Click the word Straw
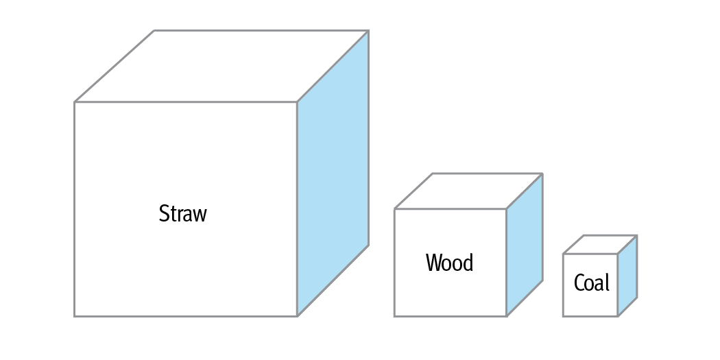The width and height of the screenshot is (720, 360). pos(182,213)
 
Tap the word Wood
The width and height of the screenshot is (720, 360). pos(449,263)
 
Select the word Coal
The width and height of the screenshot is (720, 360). pos(591,283)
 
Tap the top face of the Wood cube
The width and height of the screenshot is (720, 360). pos(468,191)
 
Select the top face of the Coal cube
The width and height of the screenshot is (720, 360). pos(600,245)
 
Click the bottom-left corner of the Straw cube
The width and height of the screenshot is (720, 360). pos(75,316)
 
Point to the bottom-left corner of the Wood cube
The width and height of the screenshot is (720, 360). pos(394,316)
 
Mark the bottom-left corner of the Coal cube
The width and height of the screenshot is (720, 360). pos(564,316)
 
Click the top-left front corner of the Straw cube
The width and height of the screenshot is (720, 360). pos(75,102)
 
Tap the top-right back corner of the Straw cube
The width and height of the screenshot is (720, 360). pos(369,31)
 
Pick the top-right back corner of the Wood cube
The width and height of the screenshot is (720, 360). pos(542,174)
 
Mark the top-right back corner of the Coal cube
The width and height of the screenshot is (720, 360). pos(637,236)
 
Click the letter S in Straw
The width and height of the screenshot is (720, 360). pos(164,213)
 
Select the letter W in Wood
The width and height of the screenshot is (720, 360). pos(433,263)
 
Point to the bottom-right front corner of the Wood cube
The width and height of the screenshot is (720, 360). pos(507,316)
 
